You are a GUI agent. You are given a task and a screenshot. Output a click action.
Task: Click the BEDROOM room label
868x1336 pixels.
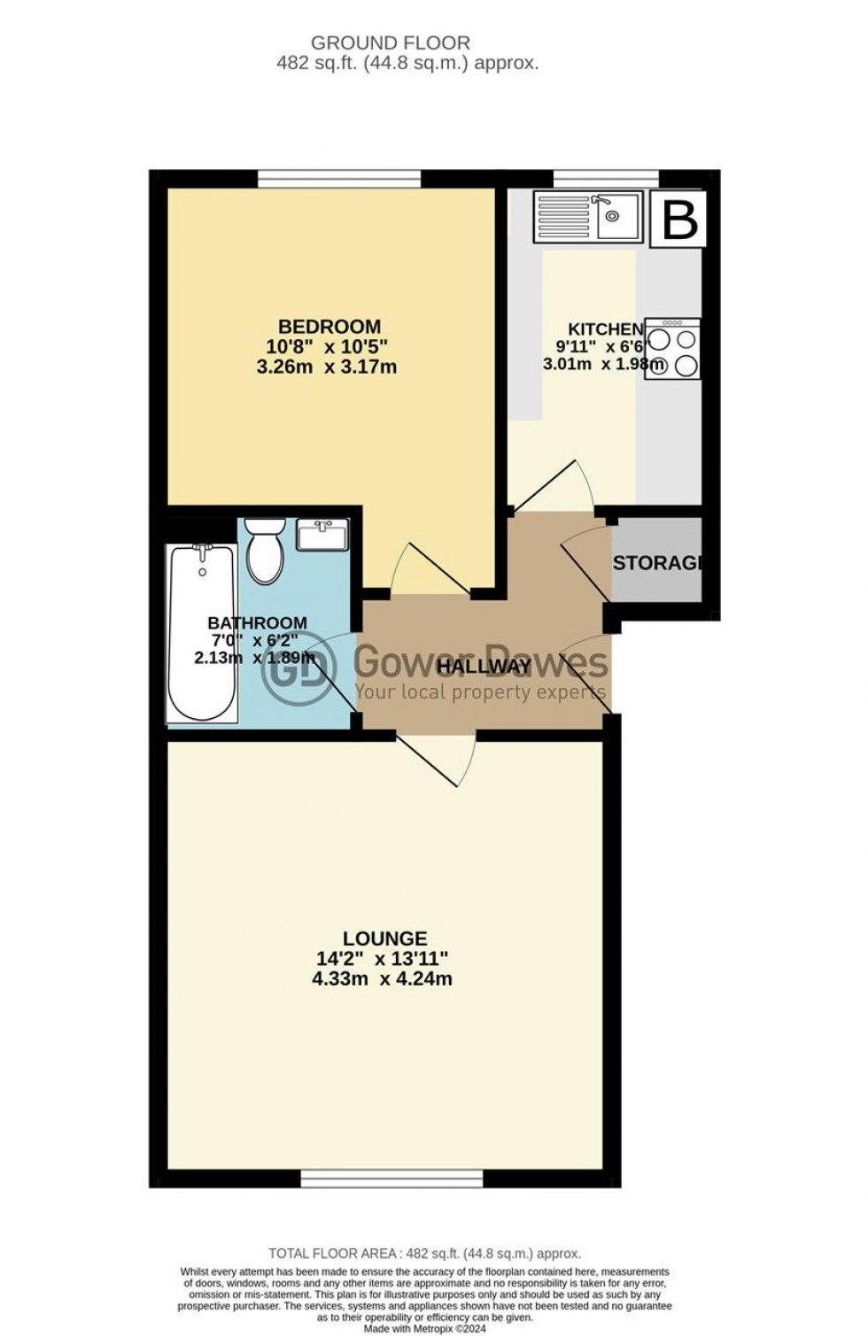329,326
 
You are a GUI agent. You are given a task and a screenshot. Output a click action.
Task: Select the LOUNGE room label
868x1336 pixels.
384,938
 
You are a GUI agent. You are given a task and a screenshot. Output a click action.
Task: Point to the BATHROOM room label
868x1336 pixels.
257,623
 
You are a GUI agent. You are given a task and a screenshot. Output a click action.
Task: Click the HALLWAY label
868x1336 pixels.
484,667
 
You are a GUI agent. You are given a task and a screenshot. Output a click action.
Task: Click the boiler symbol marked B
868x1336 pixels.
679,220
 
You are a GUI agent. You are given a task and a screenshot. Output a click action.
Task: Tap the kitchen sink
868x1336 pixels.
588,216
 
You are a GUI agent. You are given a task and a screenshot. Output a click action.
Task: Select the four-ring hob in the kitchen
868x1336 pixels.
673,350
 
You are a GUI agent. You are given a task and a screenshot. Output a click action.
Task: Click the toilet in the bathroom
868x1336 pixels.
263,552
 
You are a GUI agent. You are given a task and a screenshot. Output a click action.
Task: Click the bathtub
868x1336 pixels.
202,633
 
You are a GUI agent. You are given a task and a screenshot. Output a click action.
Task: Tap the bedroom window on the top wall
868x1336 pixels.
339,179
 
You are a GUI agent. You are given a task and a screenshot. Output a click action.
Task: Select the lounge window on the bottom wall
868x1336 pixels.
391,1178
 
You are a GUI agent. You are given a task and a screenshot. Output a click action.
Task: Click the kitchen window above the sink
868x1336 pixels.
606,179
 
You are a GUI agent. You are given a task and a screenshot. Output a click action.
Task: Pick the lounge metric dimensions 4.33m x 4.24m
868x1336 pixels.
384,979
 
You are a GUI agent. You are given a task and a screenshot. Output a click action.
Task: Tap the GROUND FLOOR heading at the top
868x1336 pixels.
391,42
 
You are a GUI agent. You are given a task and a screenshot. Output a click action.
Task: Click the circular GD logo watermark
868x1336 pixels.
298,668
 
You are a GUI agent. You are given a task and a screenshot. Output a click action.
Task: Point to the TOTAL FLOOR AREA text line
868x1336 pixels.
425,1254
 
